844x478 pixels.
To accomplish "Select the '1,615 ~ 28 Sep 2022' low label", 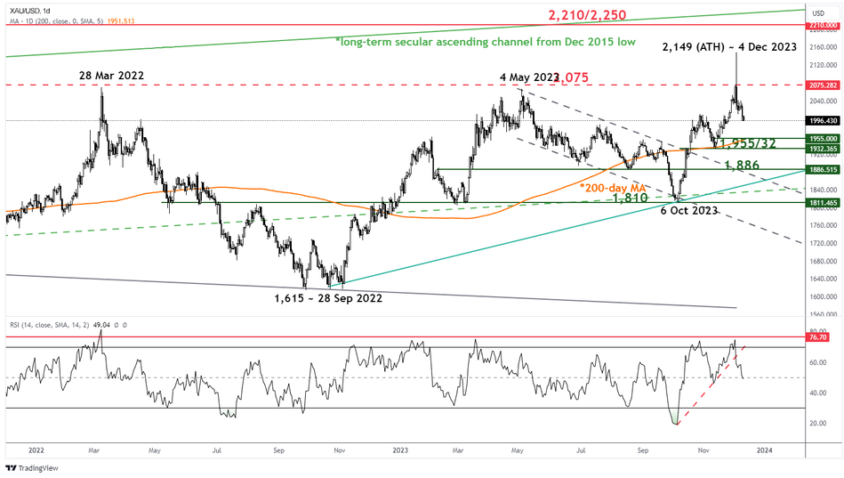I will pyautogui.click(x=328, y=299).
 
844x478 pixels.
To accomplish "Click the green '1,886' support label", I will pyautogui.click(x=742, y=166).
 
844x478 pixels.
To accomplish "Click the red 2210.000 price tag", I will pyautogui.click(x=823, y=26).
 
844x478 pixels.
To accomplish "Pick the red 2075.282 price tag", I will pyautogui.click(x=823, y=85).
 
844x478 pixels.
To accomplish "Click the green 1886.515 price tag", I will pyautogui.click(x=823, y=169).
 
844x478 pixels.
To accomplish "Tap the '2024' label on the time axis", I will pyautogui.click(x=763, y=450).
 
